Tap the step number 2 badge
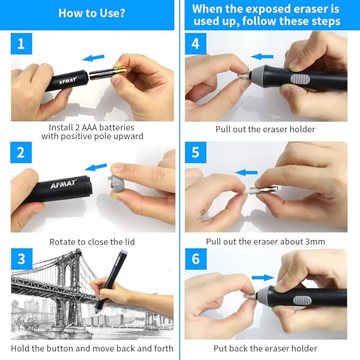coord(21,152)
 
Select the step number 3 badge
coord(21,259)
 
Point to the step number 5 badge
coord(195,152)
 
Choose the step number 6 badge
coord(195,259)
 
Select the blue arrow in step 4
coord(262,56)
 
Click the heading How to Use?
coord(92,13)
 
